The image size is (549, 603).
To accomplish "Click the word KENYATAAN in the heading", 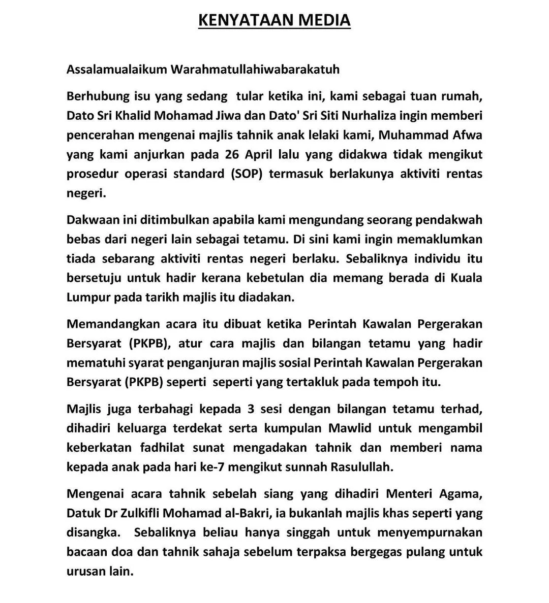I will (238, 20).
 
